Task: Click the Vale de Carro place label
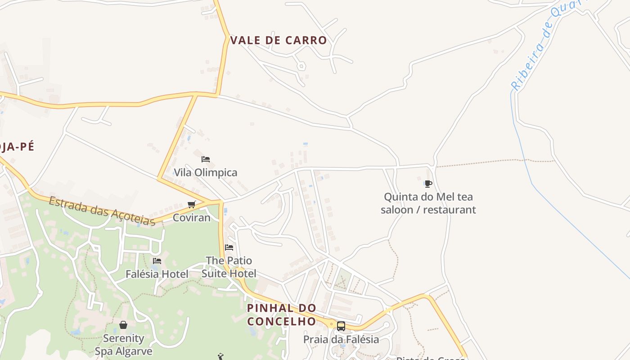click(279, 40)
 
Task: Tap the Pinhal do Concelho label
click(282, 315)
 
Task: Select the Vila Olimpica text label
click(205, 172)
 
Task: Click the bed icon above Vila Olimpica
click(206, 159)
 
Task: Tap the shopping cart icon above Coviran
click(192, 205)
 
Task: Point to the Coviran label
click(192, 218)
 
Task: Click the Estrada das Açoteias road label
click(102, 211)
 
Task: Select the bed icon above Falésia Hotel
click(157, 261)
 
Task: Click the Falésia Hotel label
click(157, 274)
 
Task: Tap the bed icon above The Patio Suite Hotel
click(229, 247)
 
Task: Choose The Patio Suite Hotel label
click(229, 267)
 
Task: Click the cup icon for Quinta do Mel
click(428, 184)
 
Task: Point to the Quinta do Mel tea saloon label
click(428, 203)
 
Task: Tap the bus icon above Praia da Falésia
click(341, 326)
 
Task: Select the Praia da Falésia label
click(341, 339)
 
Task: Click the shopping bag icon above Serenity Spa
click(123, 325)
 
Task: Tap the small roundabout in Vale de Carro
click(301, 66)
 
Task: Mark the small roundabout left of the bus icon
click(332, 324)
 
